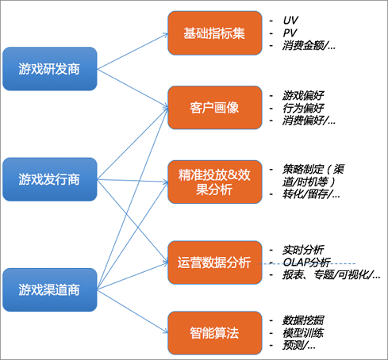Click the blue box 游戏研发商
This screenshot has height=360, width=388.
[x=50, y=69]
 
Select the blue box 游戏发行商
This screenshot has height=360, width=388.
[x=50, y=179]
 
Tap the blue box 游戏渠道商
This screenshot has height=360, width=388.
[x=50, y=289]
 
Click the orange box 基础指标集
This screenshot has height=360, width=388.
[x=215, y=33]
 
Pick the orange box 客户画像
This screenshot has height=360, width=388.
[x=215, y=108]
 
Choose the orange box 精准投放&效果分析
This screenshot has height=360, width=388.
[x=215, y=182]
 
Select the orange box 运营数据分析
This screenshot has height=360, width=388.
[x=215, y=262]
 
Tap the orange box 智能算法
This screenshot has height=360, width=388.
[x=215, y=333]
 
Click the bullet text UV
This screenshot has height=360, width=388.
[x=290, y=20]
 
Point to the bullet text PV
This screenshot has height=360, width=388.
[x=290, y=33]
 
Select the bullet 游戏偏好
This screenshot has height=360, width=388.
[x=303, y=95]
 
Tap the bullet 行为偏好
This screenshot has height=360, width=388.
[x=303, y=108]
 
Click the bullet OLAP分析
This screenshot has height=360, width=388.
[x=307, y=262]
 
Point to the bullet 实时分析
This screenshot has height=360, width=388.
[x=303, y=250]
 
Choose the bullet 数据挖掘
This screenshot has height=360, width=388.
[x=303, y=320]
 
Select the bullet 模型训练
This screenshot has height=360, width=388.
[x=303, y=333]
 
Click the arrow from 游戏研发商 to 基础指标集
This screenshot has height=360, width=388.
[x=133, y=52]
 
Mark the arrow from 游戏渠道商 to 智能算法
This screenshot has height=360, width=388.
[x=133, y=311]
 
